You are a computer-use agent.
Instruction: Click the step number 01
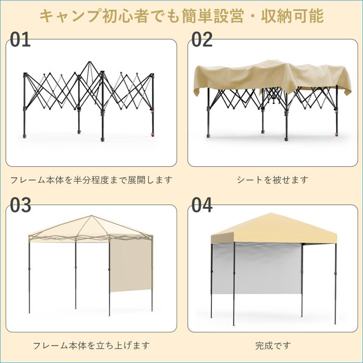(x=20, y=39)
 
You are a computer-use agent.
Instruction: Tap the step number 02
(x=202, y=39)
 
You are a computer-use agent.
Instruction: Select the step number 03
(x=21, y=205)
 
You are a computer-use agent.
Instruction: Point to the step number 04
(x=202, y=205)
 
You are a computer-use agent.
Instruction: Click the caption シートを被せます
(x=272, y=180)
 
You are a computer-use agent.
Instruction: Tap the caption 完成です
(x=273, y=345)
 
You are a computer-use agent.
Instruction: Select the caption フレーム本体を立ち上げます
(x=91, y=345)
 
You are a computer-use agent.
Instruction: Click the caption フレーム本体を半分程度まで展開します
(x=91, y=180)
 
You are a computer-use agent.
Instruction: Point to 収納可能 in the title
(x=292, y=16)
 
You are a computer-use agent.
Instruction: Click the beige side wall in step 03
(x=131, y=265)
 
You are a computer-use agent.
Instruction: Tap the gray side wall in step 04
(x=257, y=269)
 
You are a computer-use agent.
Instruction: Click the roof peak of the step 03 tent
(x=92, y=215)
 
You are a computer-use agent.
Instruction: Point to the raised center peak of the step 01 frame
(x=90, y=62)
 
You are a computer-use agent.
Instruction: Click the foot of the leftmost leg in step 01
(x=25, y=136)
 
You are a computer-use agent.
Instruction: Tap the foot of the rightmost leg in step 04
(x=335, y=323)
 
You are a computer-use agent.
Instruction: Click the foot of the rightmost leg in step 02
(x=336, y=134)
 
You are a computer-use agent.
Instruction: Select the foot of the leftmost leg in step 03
(x=30, y=312)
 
